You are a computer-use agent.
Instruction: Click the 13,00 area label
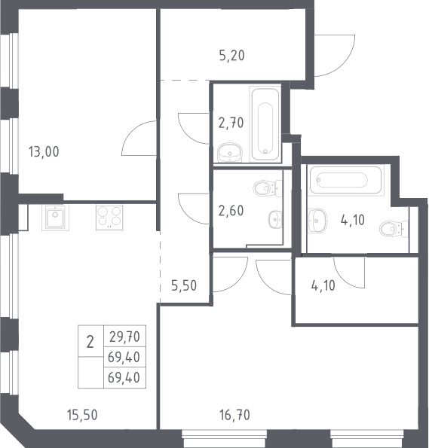point(44,151)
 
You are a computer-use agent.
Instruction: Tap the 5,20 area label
point(231,56)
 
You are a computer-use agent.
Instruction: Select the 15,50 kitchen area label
point(82,415)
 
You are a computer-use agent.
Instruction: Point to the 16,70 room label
point(234,415)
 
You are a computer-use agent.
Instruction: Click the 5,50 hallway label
point(184,285)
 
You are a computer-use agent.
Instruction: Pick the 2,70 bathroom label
point(231,123)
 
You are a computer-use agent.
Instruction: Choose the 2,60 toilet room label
point(231,211)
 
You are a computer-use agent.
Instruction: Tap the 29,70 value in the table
point(124,337)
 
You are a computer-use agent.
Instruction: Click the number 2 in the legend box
point(90,342)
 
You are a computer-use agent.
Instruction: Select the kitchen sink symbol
point(55,218)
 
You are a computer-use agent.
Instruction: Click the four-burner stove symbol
point(109,218)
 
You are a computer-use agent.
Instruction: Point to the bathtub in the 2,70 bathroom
point(265,124)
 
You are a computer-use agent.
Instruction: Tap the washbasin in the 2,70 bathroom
point(230,152)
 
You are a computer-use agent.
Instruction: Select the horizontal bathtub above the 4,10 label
point(346,180)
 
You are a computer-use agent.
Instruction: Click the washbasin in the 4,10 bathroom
point(317,221)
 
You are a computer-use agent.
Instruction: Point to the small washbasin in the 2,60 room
point(275,220)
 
